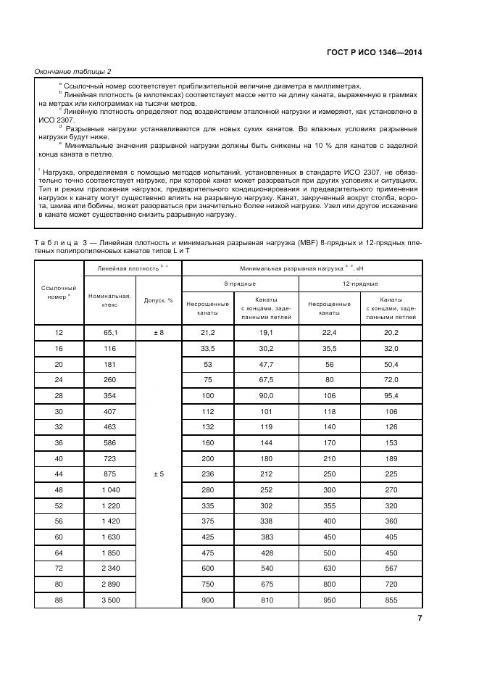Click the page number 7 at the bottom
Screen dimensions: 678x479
(x=419, y=618)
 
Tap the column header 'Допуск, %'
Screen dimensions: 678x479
(x=159, y=299)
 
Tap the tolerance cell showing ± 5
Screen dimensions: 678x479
(x=159, y=474)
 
